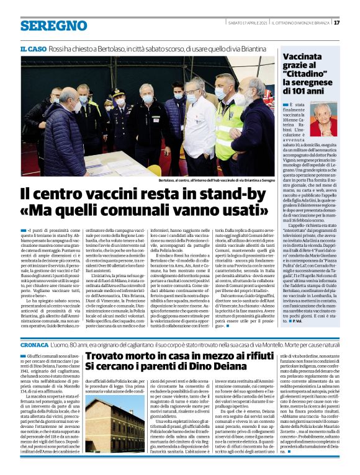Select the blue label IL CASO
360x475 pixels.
(x=32, y=48)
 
